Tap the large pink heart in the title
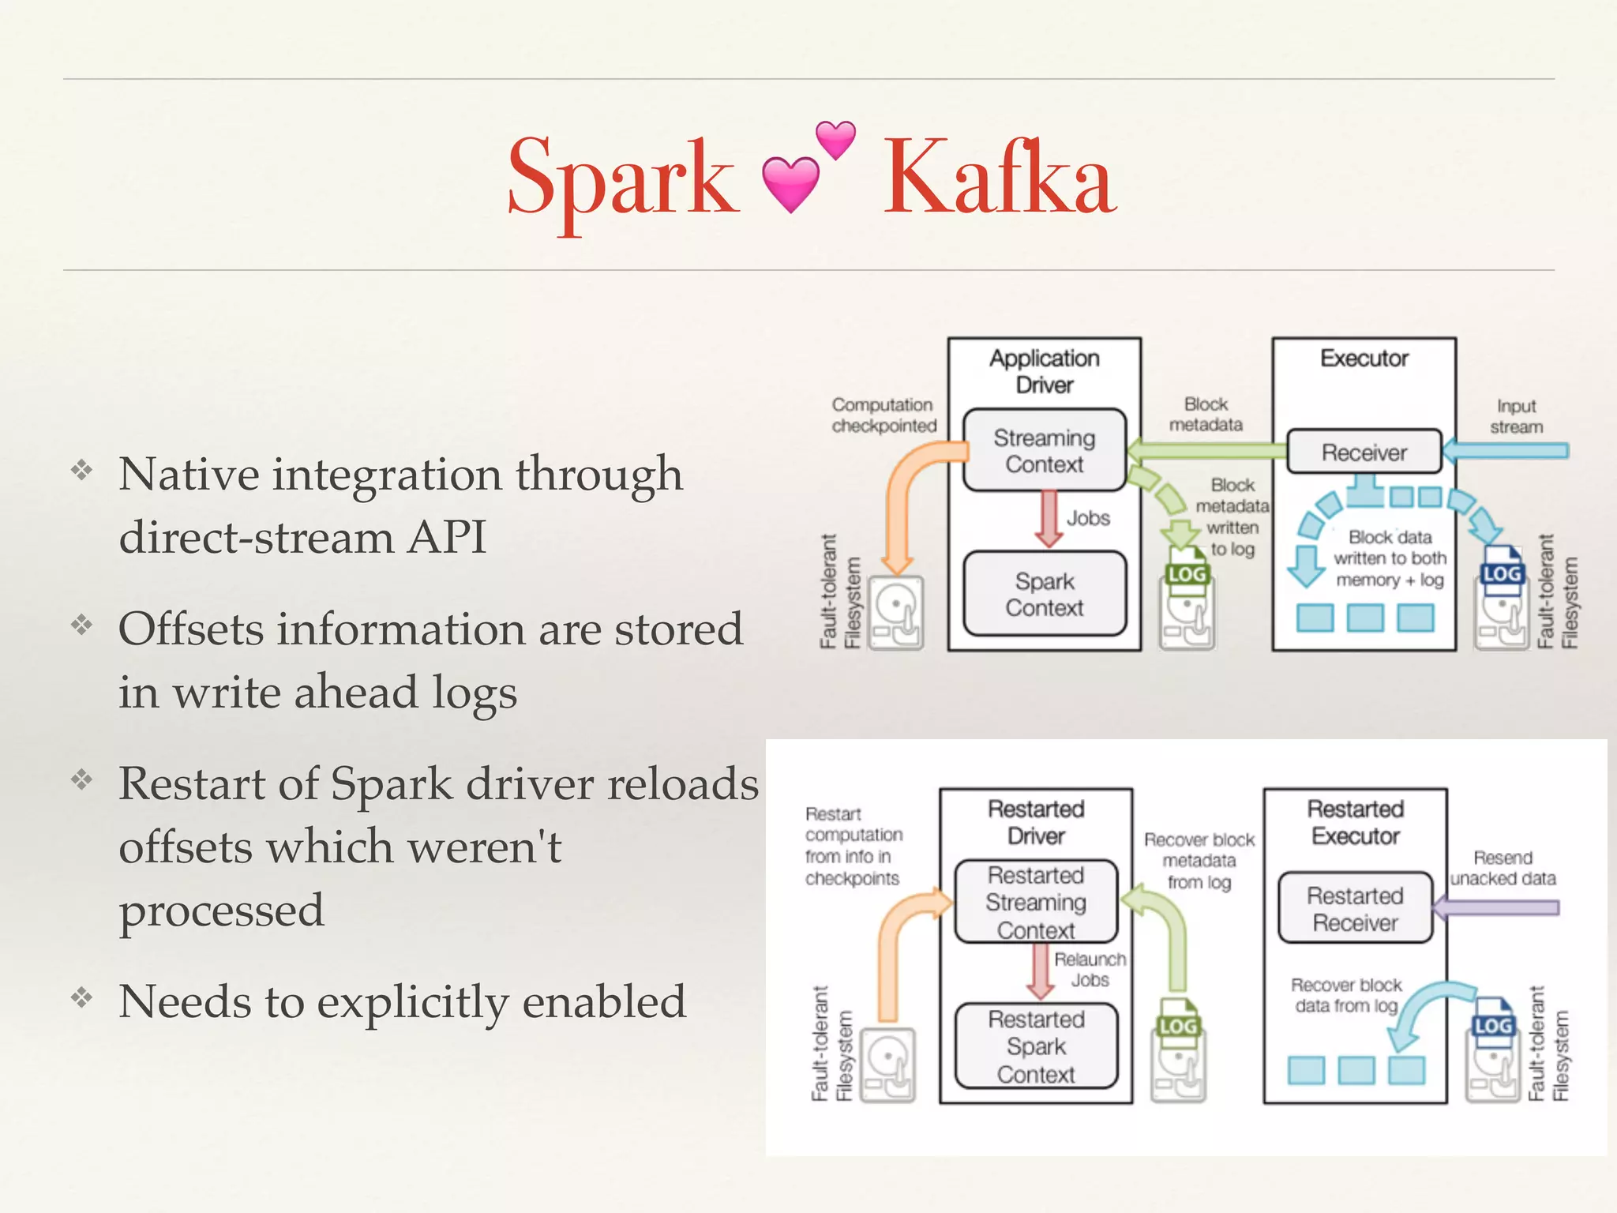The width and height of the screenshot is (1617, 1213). coord(790,184)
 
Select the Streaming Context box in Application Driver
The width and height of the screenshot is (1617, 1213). coord(1044,450)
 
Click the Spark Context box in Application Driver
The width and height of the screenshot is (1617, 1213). coord(1044,594)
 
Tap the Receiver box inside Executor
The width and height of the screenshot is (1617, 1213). coord(1364,452)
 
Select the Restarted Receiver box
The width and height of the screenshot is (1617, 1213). coord(1355,908)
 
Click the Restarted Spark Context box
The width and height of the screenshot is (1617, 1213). coord(1036,1046)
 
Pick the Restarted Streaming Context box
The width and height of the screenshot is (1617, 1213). coord(1036,902)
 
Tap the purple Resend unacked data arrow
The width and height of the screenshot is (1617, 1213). coord(1496,908)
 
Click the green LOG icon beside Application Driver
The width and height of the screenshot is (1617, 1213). coord(1187,574)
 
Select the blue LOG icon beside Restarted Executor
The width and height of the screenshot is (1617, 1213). coord(1493,1025)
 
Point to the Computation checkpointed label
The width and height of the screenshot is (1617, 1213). coord(883,415)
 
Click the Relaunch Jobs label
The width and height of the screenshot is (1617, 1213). coord(1090,970)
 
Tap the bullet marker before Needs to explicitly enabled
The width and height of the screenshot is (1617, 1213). coord(81,997)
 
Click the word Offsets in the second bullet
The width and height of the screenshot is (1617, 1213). coord(189,629)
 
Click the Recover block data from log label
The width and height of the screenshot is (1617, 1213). coord(1345,995)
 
